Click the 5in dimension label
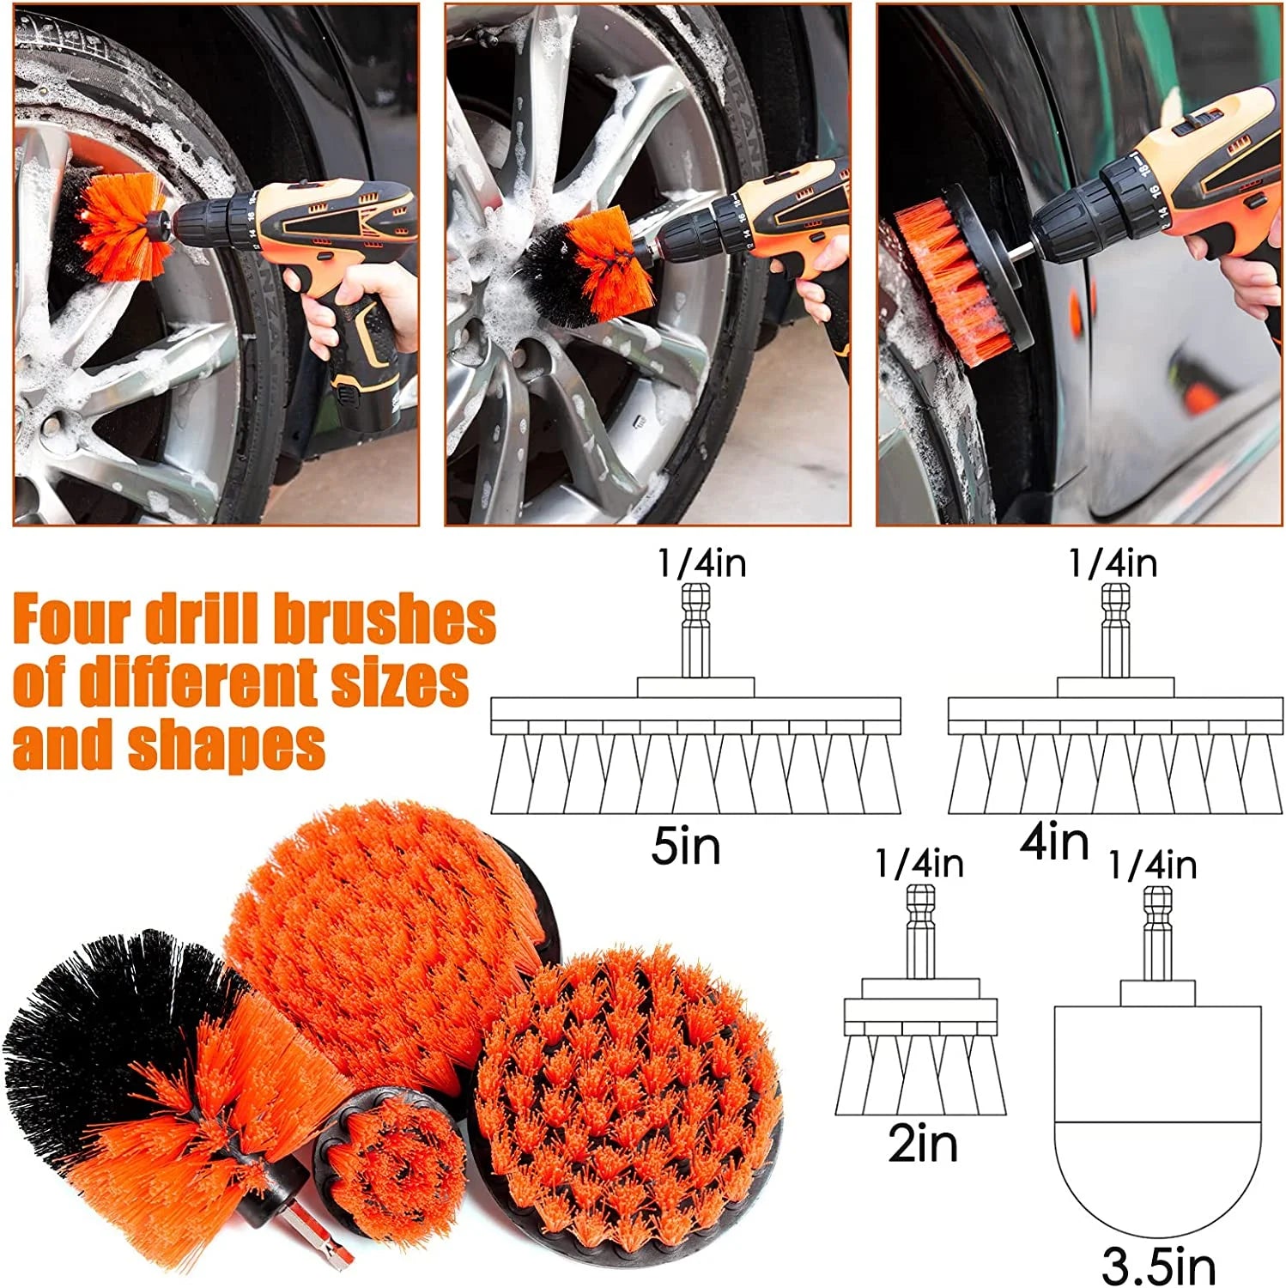point(686,847)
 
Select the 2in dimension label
point(922,1144)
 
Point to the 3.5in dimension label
point(1158,1265)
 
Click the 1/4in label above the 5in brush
point(701,563)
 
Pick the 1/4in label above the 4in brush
point(1113,563)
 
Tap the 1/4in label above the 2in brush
point(919,864)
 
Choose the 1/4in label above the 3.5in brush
point(1152,865)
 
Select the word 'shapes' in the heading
point(227,745)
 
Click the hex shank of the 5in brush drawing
point(695,631)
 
